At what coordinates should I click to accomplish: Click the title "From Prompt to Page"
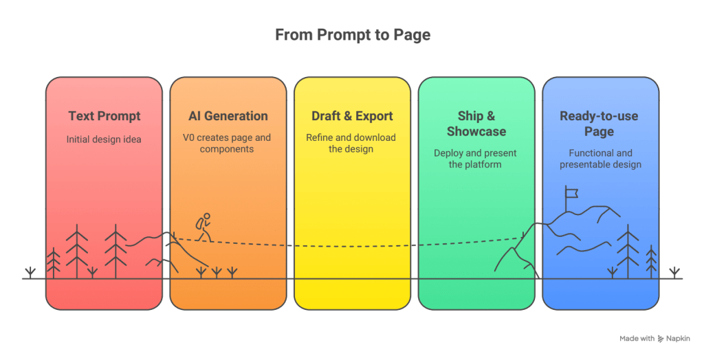(352, 34)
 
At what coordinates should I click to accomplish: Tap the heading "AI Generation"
(228, 115)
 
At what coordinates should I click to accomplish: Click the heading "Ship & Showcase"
(476, 123)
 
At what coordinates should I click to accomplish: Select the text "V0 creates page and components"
(227, 143)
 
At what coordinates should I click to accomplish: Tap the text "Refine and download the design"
(351, 143)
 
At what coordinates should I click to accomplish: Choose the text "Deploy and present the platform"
(475, 159)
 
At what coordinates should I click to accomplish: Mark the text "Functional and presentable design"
(600, 159)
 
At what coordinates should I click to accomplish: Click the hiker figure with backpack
(203, 227)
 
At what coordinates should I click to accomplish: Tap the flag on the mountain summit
(570, 193)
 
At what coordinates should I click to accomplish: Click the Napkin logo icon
(661, 339)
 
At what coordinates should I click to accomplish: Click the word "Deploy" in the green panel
(450, 153)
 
